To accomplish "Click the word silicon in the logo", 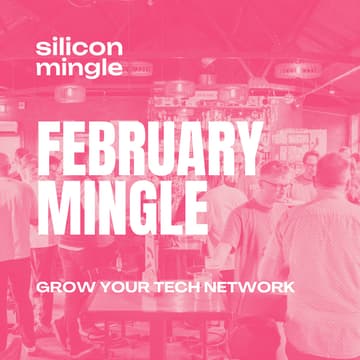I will pos(79,48).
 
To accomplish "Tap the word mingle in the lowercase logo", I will pos(79,68).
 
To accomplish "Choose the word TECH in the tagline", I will pos(171,287).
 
